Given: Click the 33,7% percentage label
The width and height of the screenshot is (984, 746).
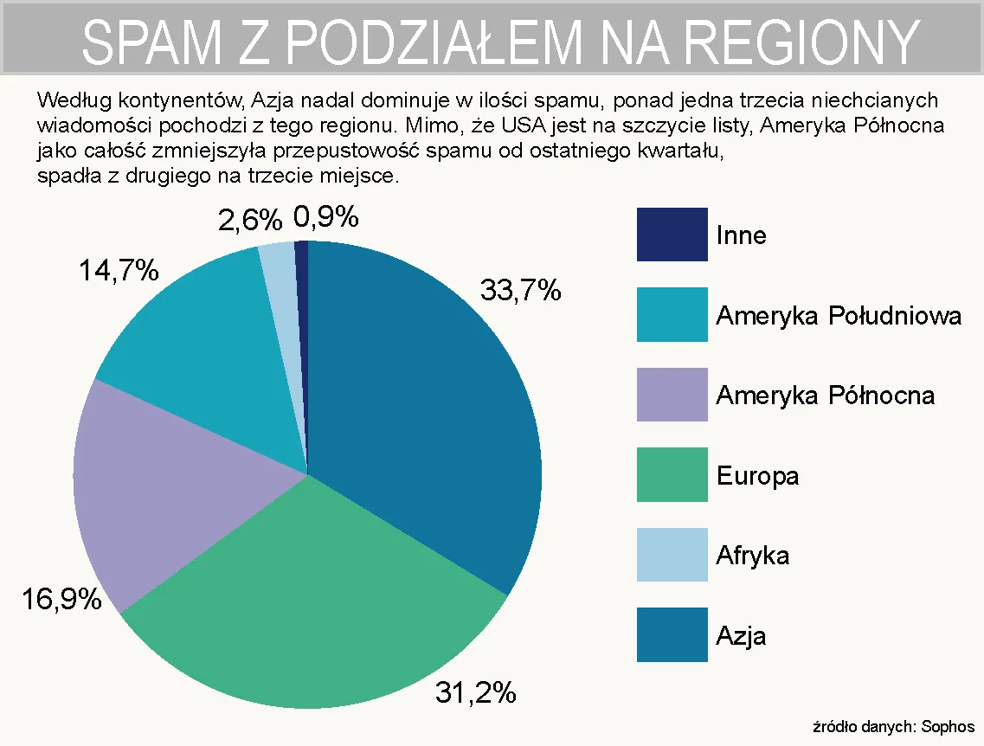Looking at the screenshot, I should (x=520, y=291).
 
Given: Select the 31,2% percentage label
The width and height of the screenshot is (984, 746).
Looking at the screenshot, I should (x=475, y=692).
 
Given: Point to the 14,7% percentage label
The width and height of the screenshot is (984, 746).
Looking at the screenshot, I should (x=119, y=271).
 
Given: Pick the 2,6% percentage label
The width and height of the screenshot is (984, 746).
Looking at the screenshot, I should (x=249, y=221).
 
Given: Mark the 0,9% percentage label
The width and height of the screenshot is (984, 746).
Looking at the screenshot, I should (x=326, y=217).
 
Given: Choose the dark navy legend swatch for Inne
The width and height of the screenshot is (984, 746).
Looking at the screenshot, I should (x=672, y=235).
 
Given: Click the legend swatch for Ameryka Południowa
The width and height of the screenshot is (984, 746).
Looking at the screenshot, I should (x=672, y=314).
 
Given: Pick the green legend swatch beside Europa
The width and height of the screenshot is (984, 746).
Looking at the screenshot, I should (x=672, y=474).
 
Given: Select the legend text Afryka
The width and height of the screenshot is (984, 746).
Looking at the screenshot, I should (x=752, y=555).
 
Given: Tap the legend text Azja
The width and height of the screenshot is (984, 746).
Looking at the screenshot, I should (x=741, y=636).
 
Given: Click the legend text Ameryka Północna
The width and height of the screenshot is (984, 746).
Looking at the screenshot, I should (x=825, y=396).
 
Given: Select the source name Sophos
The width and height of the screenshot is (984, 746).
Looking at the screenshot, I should (x=948, y=727).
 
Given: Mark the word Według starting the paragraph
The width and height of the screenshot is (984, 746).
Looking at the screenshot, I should (x=70, y=100).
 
